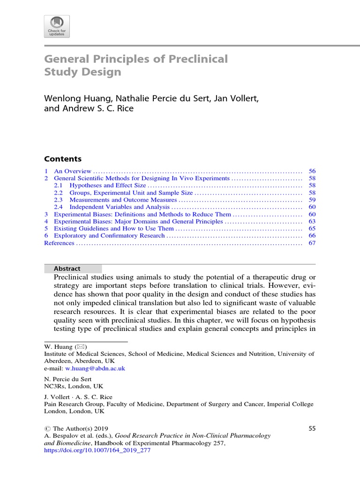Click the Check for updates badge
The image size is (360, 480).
[57, 26]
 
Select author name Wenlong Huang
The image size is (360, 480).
[74, 99]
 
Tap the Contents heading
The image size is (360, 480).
[63, 159]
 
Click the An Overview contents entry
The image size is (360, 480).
[73, 172]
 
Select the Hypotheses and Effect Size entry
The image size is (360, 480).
[107, 186]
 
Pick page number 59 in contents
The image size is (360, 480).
[312, 200]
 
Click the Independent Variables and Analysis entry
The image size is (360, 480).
[119, 207]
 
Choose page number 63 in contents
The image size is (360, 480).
[312, 221]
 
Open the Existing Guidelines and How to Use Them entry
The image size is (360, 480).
[114, 228]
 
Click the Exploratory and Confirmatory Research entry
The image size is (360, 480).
[109, 235]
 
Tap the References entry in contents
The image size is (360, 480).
[59, 243]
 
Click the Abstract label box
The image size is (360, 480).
[73, 269]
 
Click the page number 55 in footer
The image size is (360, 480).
[313, 428]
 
